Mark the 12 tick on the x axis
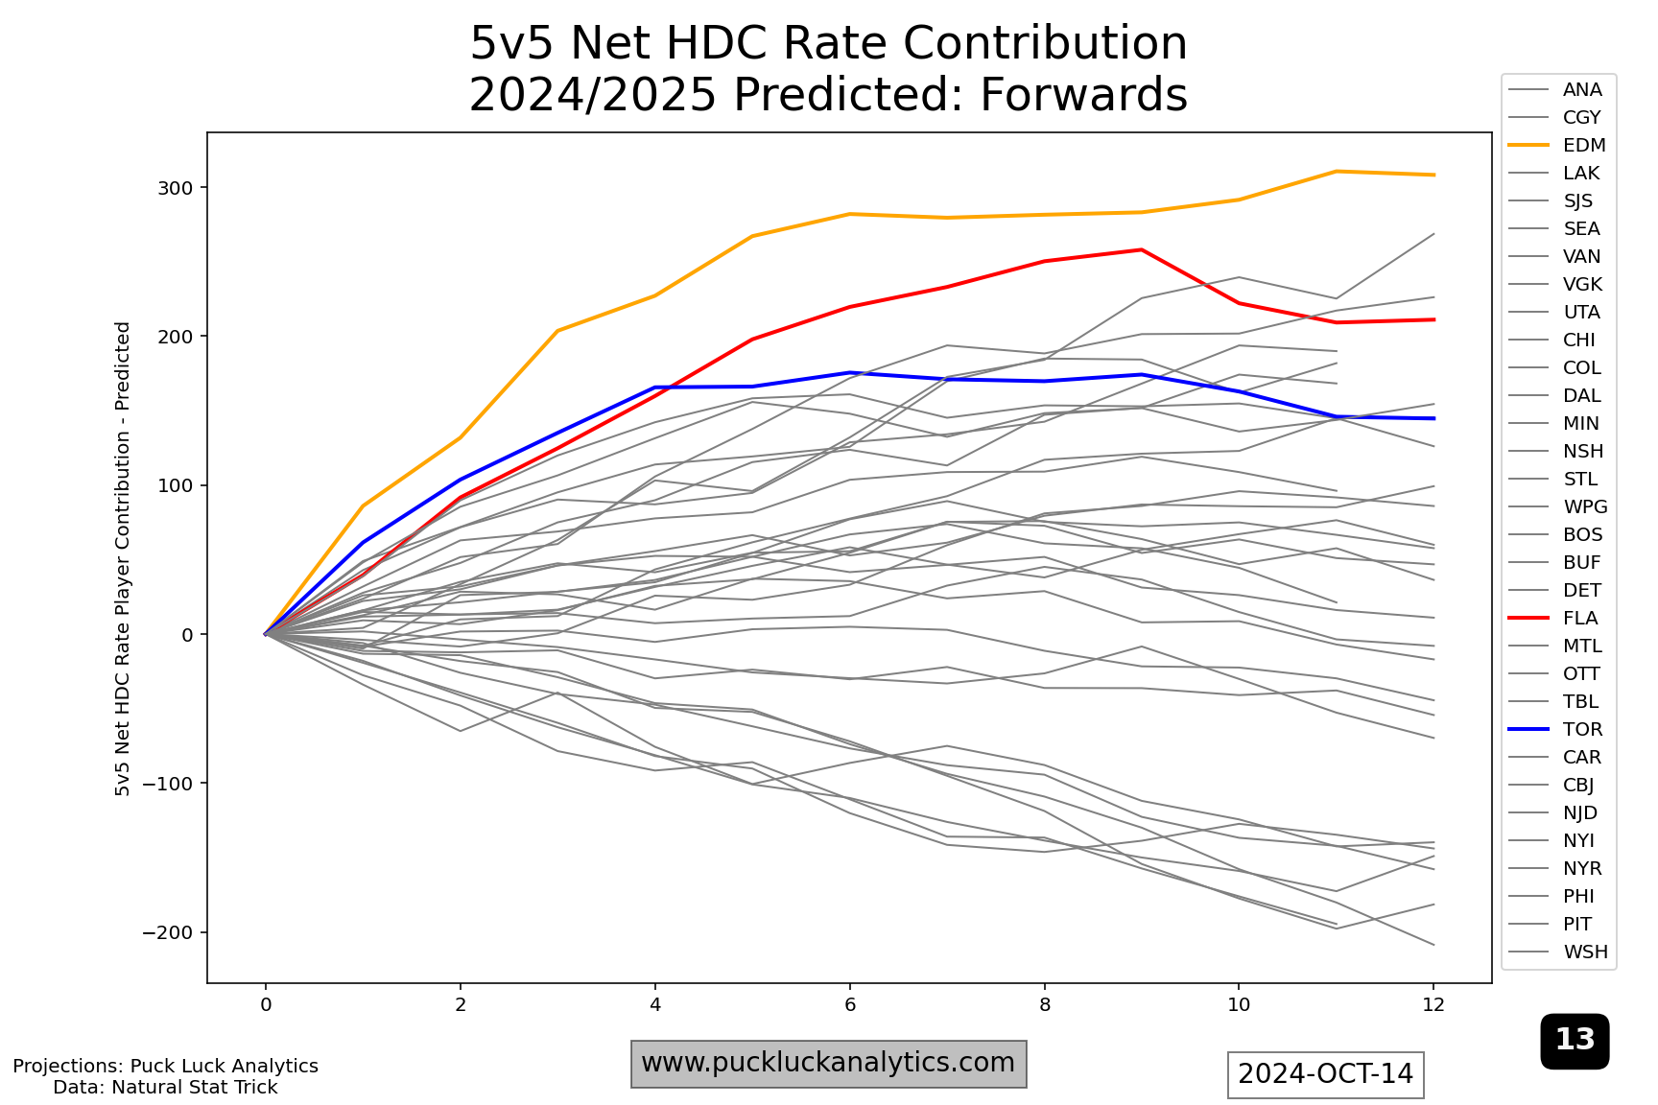tap(1433, 1005)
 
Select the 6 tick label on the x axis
tap(849, 1005)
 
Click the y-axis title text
tap(123, 558)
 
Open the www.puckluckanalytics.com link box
tap(828, 1064)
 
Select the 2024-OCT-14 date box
tap(1325, 1074)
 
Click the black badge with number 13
tap(1575, 1041)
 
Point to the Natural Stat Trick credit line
tap(165, 1088)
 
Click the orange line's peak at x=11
tap(1336, 172)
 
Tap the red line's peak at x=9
tap(1141, 249)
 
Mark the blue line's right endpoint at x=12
tap(1433, 418)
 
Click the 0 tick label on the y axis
tap(187, 635)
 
